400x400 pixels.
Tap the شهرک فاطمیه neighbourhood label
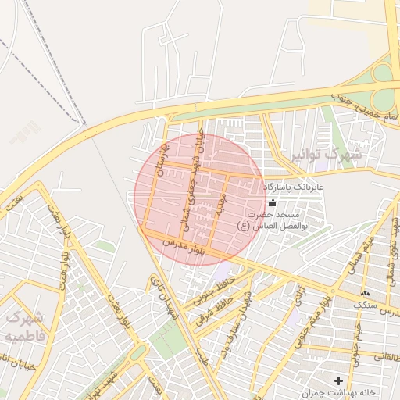26,327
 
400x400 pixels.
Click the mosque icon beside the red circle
273,203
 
